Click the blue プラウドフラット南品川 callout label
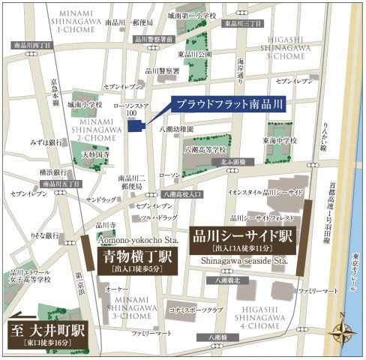click(216, 104)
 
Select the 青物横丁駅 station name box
click(139, 260)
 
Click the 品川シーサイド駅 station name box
click(244, 240)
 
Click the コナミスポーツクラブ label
click(197, 309)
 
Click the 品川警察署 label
click(163, 71)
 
